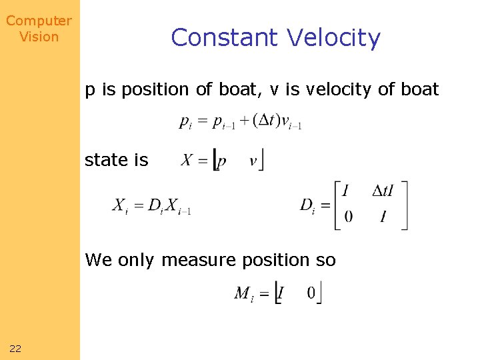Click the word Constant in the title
(221, 37)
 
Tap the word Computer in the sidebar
(39, 21)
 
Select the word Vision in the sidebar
(39, 37)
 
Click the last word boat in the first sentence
(420, 89)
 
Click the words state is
(116, 160)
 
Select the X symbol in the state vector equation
(187, 161)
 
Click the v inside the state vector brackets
(253, 161)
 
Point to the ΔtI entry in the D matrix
(382, 192)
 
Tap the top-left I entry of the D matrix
(345, 192)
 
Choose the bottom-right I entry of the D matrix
(383, 217)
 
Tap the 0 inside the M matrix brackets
(311, 293)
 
